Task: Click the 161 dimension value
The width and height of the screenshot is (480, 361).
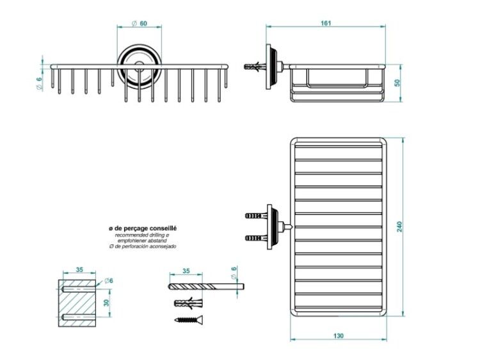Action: click(x=326, y=23)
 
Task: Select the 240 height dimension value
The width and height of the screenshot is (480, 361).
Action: click(x=399, y=226)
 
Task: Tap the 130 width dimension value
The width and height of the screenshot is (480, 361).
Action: click(x=339, y=335)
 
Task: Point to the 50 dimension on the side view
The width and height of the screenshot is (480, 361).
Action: click(x=397, y=83)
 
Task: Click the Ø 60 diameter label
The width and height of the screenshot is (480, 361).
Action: click(x=140, y=23)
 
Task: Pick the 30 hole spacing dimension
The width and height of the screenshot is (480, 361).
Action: click(x=106, y=303)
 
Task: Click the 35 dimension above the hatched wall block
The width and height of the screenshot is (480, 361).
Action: click(x=79, y=269)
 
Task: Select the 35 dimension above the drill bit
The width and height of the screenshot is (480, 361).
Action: click(x=186, y=271)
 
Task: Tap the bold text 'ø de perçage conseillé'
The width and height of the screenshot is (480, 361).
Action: click(x=143, y=228)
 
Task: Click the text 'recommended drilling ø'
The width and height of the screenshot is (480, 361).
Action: click(x=142, y=235)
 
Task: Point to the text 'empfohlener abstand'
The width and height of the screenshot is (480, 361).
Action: click(x=142, y=240)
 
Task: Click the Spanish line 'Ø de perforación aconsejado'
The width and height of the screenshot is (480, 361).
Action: click(x=143, y=246)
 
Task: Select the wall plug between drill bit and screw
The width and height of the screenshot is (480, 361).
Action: click(x=188, y=303)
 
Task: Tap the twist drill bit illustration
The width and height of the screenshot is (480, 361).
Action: click(x=206, y=287)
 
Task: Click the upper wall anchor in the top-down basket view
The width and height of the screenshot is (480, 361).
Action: click(x=256, y=215)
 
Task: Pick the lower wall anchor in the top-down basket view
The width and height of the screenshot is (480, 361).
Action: click(x=256, y=238)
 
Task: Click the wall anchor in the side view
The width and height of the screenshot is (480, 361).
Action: click(x=255, y=66)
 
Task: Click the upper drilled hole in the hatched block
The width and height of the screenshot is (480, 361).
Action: click(x=78, y=289)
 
